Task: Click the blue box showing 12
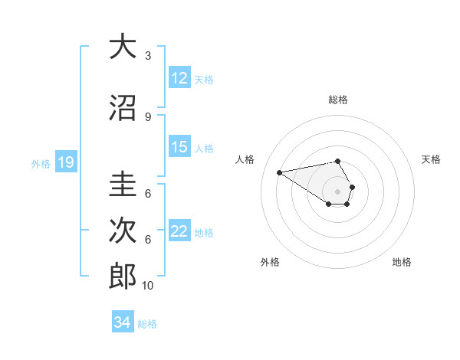(179, 78)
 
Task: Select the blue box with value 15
(179, 148)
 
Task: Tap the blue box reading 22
(179, 232)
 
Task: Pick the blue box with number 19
(66, 162)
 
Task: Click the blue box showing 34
(123, 322)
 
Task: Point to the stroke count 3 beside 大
(148, 56)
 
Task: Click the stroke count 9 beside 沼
(148, 117)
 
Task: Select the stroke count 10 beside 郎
(148, 286)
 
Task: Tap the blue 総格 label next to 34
(147, 324)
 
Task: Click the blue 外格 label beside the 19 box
(41, 163)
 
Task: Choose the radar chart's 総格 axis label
(338, 100)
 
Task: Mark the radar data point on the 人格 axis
(280, 172)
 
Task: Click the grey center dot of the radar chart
(338, 191)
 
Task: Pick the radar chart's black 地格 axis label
(402, 262)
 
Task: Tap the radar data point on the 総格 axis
(338, 161)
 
